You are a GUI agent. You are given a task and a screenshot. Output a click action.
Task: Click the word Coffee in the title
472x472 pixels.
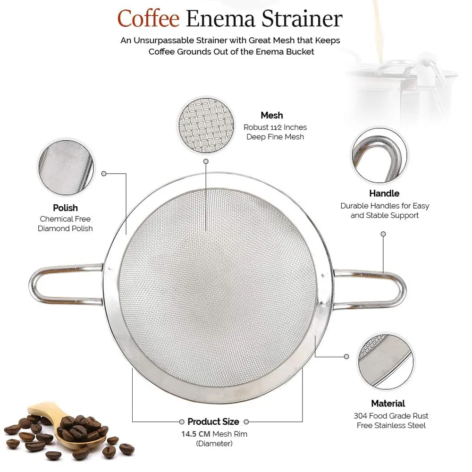[148, 19]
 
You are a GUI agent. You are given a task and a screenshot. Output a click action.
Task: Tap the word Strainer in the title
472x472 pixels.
[302, 19]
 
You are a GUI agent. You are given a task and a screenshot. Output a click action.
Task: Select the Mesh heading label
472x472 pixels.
[272, 115]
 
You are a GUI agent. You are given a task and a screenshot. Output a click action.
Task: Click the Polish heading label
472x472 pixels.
[65, 208]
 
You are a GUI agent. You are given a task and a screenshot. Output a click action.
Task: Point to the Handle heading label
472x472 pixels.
[384, 193]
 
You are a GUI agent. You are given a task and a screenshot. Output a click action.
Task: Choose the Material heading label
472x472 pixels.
[388, 404]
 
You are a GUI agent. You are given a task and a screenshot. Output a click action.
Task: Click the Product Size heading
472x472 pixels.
[213, 421]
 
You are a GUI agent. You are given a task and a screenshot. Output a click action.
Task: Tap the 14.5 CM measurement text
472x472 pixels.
[195, 434]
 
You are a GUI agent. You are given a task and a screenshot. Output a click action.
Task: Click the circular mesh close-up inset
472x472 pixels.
[206, 125]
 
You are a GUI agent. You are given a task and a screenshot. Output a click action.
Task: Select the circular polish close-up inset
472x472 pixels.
[66, 168]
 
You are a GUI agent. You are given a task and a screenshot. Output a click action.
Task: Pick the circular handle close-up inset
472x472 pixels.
[379, 155]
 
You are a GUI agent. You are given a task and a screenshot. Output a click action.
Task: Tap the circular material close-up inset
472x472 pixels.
[386, 362]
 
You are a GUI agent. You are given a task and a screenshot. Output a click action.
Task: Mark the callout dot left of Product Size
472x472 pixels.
[182, 421]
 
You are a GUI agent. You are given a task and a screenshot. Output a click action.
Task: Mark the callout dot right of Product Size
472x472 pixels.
[246, 421]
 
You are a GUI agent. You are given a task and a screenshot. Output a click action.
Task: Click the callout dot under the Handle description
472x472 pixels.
[383, 234]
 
